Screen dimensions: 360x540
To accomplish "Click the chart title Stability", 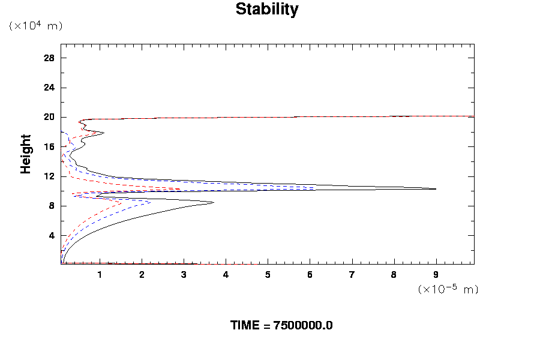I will pyautogui.click(x=267, y=10).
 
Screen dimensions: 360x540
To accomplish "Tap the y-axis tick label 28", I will pyautogui.click(x=49, y=58).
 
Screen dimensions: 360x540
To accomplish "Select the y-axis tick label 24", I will pyautogui.click(x=49, y=88).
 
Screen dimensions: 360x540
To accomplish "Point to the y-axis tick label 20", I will pyautogui.click(x=49, y=117).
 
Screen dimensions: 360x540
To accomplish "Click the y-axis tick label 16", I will pyautogui.click(x=49, y=147).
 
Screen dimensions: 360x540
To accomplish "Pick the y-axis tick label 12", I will pyautogui.click(x=49, y=176).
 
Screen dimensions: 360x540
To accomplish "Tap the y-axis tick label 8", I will pyautogui.click(x=52, y=206).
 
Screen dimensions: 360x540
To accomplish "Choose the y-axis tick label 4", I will pyautogui.click(x=52, y=236).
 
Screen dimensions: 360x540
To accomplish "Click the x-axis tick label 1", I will pyautogui.click(x=100, y=275).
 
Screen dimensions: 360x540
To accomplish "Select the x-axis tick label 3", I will pyautogui.click(x=184, y=275).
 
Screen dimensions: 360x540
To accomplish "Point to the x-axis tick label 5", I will pyautogui.click(x=268, y=275).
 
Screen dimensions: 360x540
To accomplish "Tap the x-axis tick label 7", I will pyautogui.click(x=352, y=275).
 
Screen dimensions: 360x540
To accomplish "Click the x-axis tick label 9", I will pyautogui.click(x=436, y=275).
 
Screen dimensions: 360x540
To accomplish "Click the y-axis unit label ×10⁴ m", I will pyautogui.click(x=35, y=26).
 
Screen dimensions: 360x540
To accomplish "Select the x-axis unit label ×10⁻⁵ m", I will pyautogui.click(x=448, y=290).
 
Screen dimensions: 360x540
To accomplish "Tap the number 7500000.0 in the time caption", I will pyautogui.click(x=302, y=326).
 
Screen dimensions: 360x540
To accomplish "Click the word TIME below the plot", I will pyautogui.click(x=245, y=326).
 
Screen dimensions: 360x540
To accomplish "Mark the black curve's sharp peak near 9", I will pyautogui.click(x=436, y=189).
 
